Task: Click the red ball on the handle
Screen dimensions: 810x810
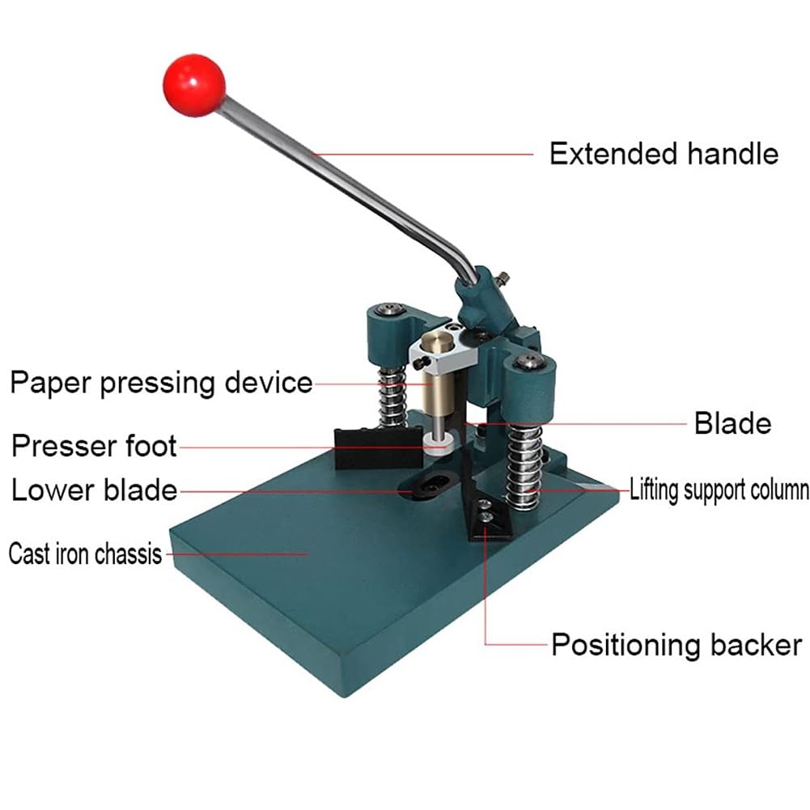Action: pos(194,85)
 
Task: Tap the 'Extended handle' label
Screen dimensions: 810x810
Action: pos(664,153)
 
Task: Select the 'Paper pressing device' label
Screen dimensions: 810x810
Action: pos(161,382)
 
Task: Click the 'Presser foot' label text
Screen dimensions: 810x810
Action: pos(94,445)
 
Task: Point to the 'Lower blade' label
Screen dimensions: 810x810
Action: pos(94,490)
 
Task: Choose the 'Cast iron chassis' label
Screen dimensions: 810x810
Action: pos(85,554)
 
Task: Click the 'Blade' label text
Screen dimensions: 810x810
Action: pos(732,423)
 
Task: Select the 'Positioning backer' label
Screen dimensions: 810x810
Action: pos(676,645)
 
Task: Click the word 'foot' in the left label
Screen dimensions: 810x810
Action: pos(149,445)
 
